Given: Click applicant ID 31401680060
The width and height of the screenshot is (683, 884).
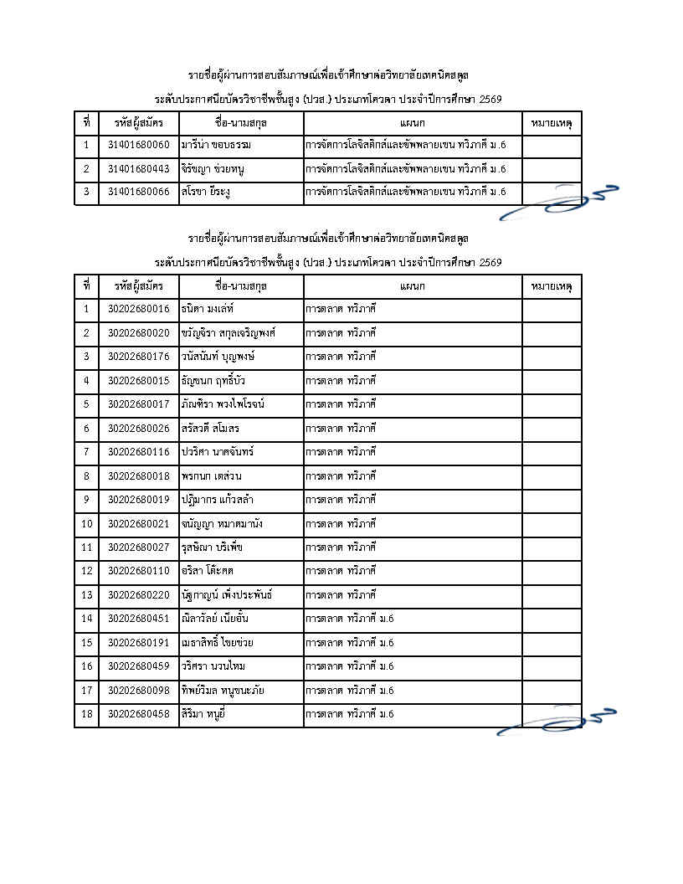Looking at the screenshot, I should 138,146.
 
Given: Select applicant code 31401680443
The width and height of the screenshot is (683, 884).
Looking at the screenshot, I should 138,169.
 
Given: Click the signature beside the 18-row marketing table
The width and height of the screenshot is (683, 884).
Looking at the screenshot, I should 557,720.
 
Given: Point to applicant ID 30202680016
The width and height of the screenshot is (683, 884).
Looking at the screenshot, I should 138,309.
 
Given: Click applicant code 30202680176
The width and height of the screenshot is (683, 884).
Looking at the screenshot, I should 138,357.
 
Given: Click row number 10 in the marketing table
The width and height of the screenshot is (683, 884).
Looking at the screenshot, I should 86,524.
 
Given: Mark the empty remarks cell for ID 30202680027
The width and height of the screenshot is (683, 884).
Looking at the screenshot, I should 552,547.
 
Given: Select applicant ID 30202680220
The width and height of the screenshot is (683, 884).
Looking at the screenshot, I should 138,595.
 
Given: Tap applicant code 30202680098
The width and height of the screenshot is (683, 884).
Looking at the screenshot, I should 138,691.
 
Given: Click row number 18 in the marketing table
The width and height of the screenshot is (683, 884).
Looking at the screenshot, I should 86,715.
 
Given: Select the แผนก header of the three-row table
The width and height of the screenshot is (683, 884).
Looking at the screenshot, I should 413,123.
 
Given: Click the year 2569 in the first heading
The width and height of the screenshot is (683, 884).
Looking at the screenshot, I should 490,100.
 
